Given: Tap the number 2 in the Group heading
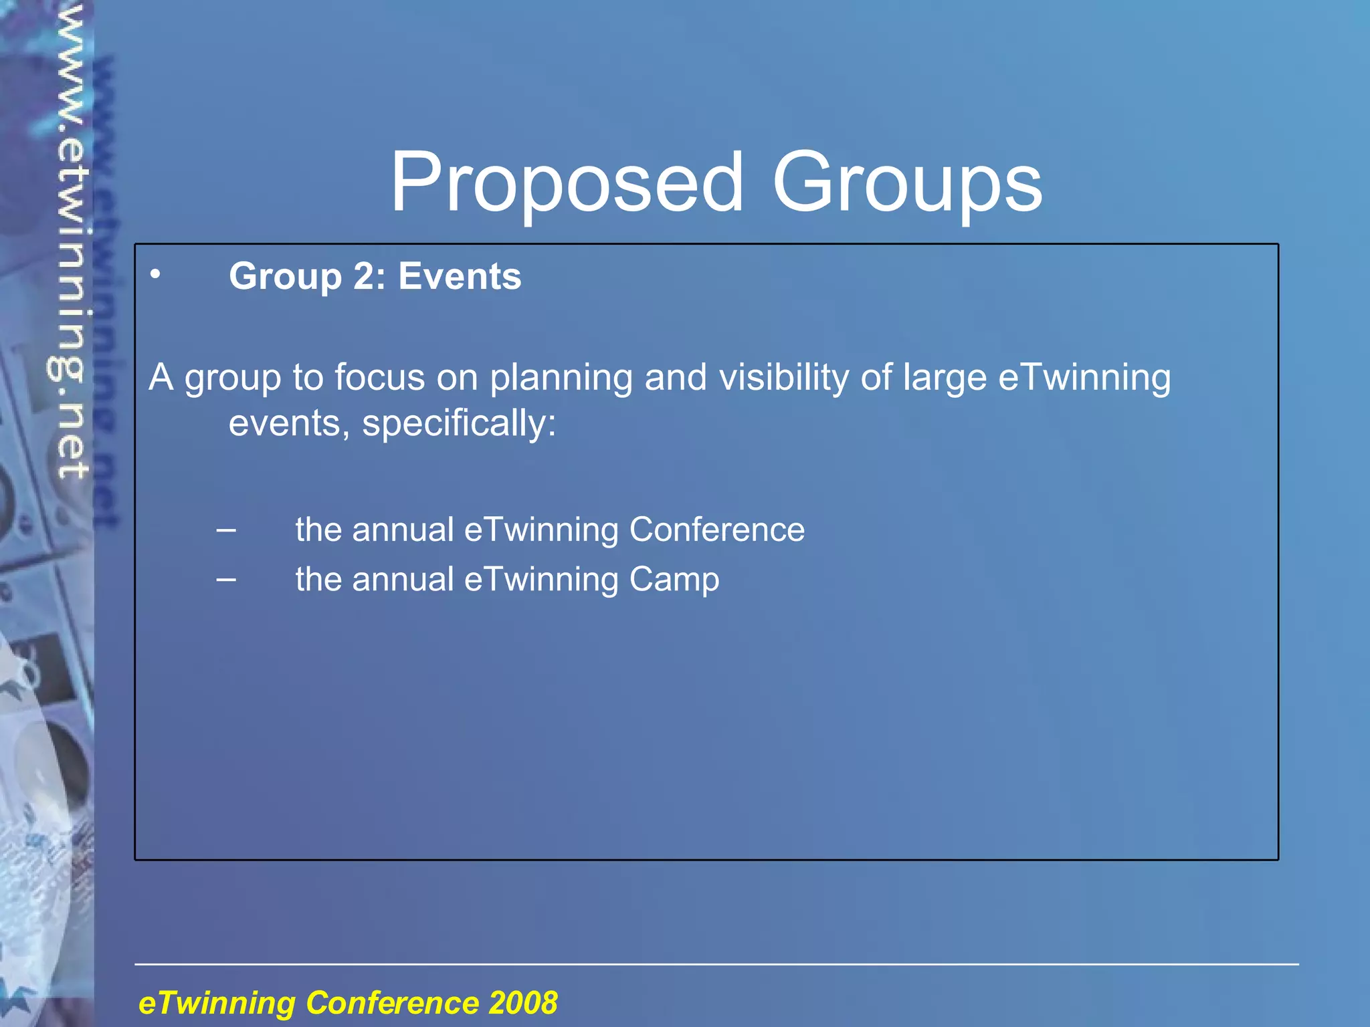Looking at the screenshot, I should pyautogui.click(x=365, y=276).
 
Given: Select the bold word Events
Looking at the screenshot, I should pyautogui.click(x=460, y=276).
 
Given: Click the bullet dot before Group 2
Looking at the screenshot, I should pyautogui.click(x=155, y=273).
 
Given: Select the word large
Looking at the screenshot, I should pyautogui.click(x=945, y=378).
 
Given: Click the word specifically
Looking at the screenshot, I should pyautogui.click(x=458, y=424).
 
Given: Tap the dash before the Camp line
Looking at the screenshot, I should pyautogui.click(x=226, y=579).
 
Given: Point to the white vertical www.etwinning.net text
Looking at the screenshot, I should pyautogui.click(x=70, y=241).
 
